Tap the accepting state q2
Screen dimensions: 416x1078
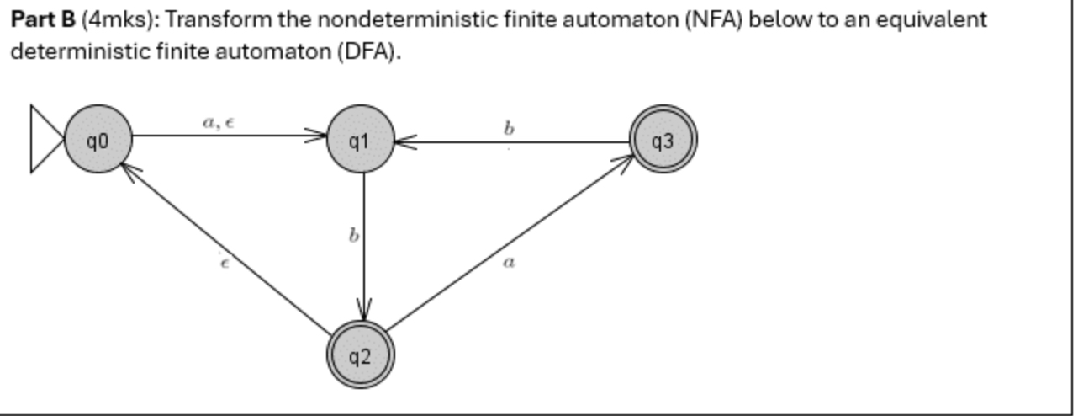[x=360, y=357]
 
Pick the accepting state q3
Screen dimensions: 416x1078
[x=663, y=141]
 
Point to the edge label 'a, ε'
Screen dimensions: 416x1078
[x=219, y=122]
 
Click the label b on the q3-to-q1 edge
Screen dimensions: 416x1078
[x=508, y=128]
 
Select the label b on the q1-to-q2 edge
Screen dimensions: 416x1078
[x=354, y=237]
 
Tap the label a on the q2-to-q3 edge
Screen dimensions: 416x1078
[x=508, y=263]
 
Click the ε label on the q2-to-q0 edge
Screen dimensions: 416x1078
[x=223, y=264]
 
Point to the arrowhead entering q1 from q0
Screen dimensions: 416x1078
[x=319, y=136]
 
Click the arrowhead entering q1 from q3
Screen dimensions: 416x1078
[x=403, y=143]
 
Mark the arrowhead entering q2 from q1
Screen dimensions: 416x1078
[x=364, y=311]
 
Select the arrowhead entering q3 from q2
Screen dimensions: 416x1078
[x=624, y=161]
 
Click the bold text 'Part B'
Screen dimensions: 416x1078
[x=42, y=19]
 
